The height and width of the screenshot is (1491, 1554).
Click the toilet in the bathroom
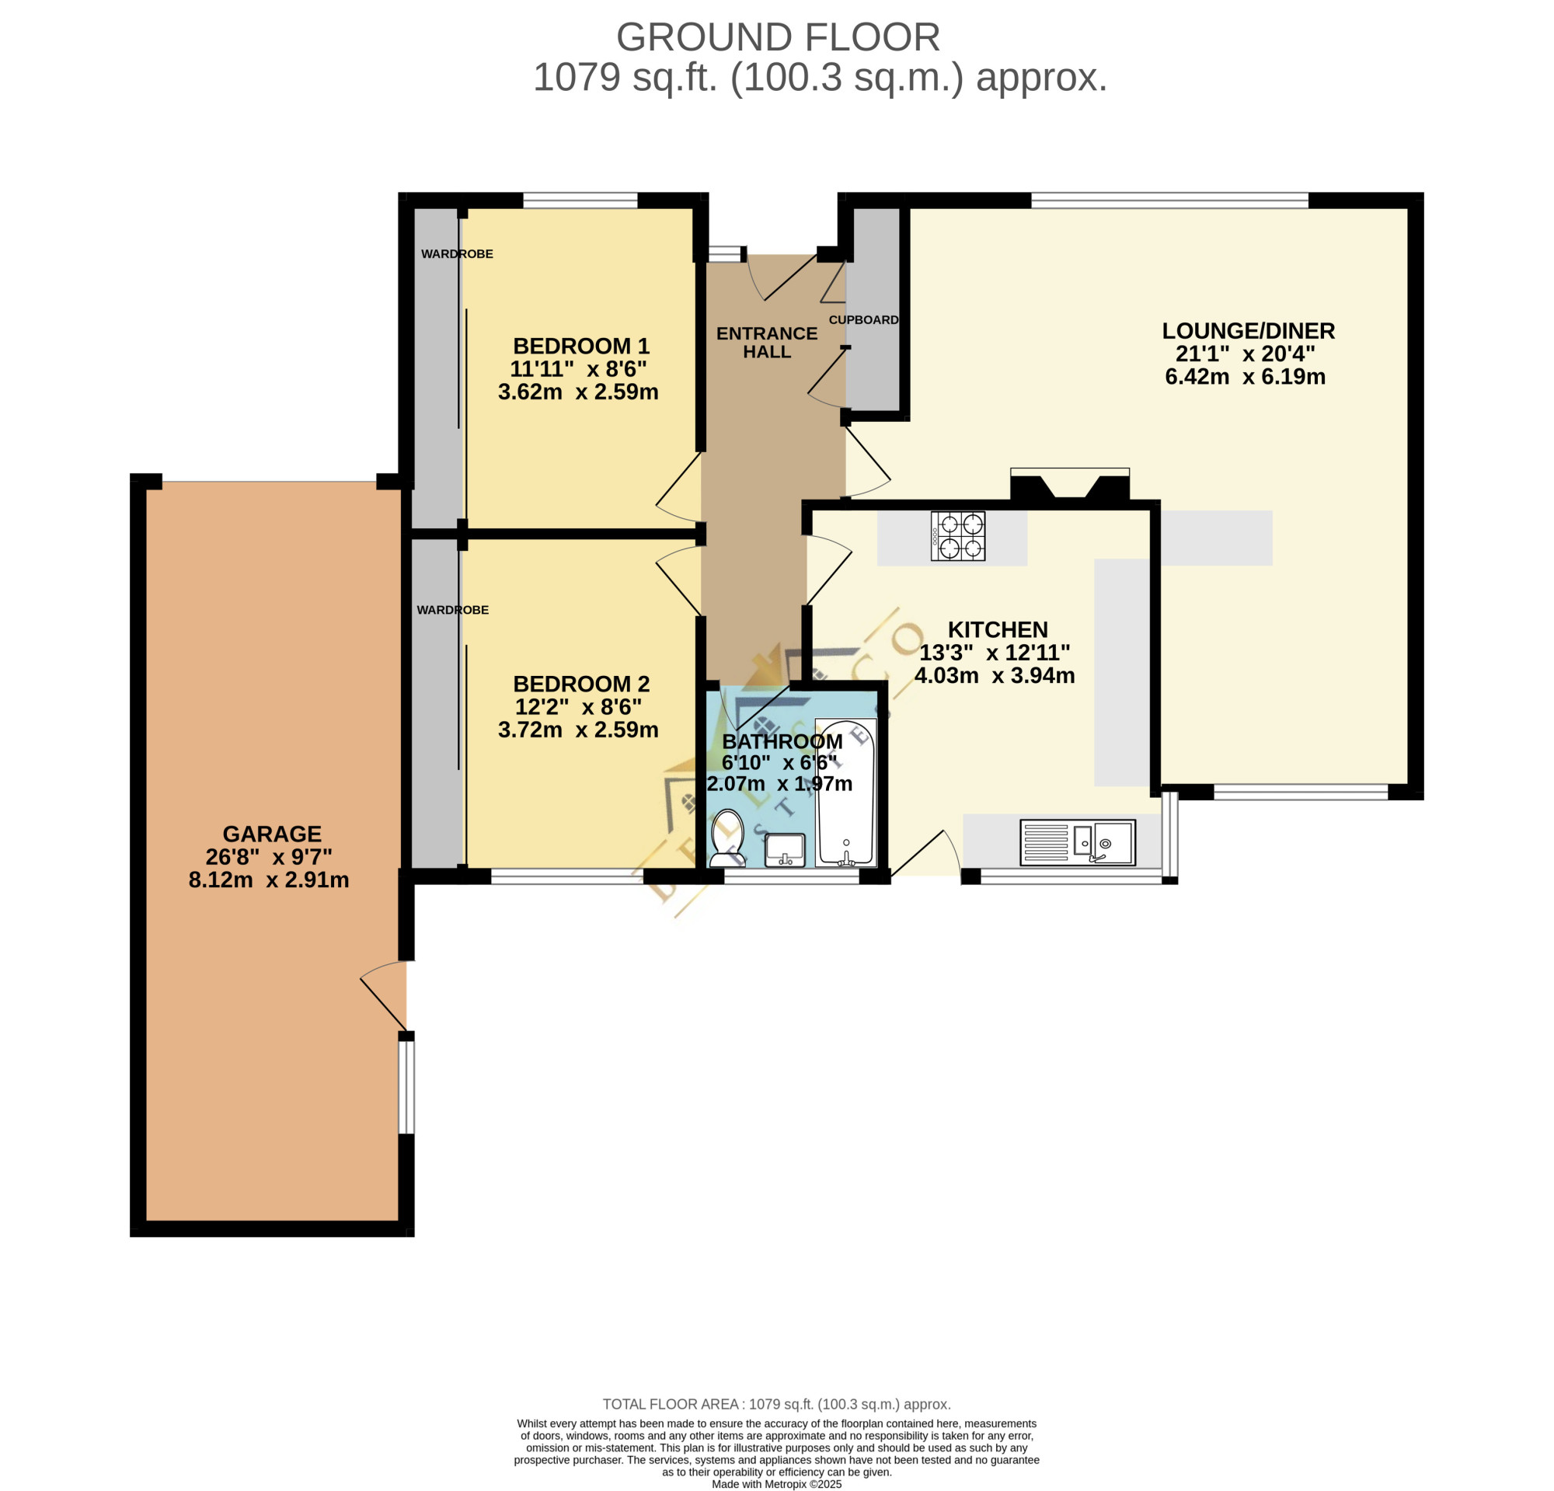(727, 838)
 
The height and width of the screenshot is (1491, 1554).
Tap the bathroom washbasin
(785, 850)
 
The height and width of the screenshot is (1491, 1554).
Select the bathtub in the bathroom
(845, 793)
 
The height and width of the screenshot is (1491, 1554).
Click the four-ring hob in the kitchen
(958, 536)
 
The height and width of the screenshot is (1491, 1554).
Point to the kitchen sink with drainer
(1078, 841)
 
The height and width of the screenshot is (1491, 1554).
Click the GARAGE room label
(272, 834)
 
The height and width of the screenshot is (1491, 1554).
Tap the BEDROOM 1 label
(581, 347)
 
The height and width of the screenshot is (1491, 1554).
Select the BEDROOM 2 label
(581, 684)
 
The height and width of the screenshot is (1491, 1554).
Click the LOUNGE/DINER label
(1248, 331)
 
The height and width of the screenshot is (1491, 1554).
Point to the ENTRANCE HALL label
(767, 343)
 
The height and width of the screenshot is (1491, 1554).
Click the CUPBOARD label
(863, 320)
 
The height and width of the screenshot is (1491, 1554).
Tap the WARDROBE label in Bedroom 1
(457, 254)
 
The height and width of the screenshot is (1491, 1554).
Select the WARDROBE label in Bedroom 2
(453, 611)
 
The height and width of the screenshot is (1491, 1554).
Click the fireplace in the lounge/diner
(1070, 484)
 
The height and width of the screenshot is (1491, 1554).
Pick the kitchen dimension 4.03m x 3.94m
(995, 675)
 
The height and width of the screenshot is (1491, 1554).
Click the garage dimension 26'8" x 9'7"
(269, 857)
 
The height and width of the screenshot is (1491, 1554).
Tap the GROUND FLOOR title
(778, 37)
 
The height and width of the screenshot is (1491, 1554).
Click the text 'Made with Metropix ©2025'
(776, 1484)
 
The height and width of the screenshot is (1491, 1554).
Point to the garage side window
(406, 1087)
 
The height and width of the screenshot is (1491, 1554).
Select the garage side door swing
(384, 995)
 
